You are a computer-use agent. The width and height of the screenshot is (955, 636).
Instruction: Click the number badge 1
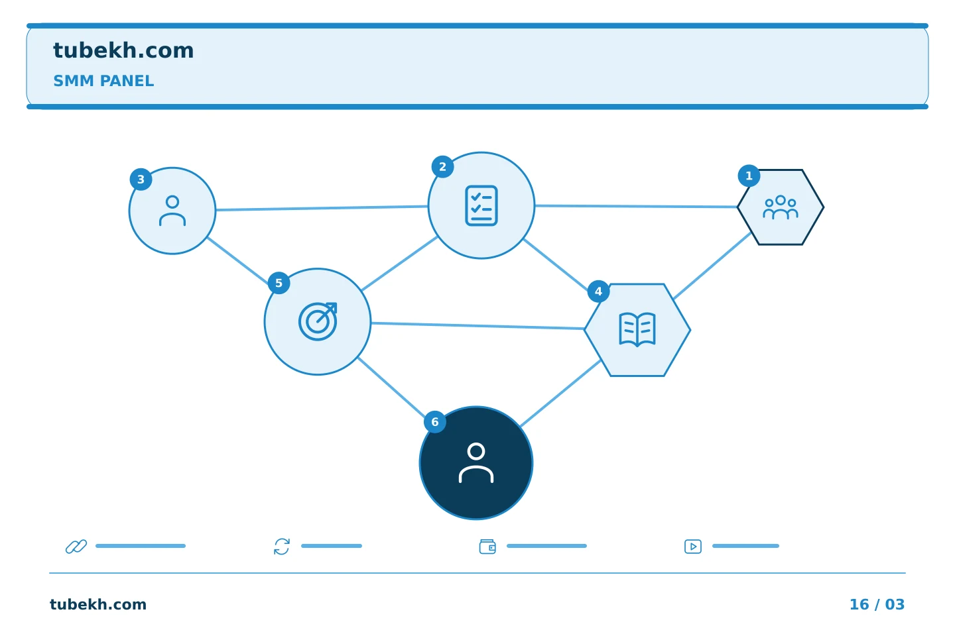pos(749,176)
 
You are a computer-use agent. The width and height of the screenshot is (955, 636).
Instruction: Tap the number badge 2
pos(442,166)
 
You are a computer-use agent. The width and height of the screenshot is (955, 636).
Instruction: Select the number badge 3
pos(141,180)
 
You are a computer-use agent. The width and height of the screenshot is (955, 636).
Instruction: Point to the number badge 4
pos(598,291)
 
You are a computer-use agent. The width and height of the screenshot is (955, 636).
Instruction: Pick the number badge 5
pos(279,283)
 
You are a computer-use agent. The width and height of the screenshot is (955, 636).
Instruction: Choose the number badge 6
pos(435,422)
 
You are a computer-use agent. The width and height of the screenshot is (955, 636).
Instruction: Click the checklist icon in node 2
pos(481,205)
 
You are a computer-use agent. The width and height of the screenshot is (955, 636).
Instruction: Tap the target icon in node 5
pos(318,321)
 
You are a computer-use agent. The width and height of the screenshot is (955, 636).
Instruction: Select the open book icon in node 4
pos(637,329)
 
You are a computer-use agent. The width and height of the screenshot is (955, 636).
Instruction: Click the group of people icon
pos(780,207)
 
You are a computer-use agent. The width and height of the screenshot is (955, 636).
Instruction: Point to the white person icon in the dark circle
pos(476,462)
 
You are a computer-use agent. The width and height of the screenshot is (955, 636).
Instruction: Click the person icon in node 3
pos(172,211)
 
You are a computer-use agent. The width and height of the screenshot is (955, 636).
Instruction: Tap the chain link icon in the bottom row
pos(76,546)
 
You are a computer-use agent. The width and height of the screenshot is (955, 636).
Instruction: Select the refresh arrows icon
pos(282,546)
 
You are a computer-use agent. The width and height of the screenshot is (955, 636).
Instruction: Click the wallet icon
pos(487,546)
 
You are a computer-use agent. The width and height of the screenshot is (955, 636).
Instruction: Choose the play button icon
pos(693,546)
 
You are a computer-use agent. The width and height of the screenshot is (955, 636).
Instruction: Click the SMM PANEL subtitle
pos(103,81)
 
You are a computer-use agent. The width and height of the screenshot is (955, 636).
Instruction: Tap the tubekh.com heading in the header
pos(123,50)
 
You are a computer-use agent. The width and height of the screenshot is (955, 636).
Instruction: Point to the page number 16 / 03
pos(877,604)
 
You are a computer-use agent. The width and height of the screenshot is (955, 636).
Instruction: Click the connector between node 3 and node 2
pos(322,208)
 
